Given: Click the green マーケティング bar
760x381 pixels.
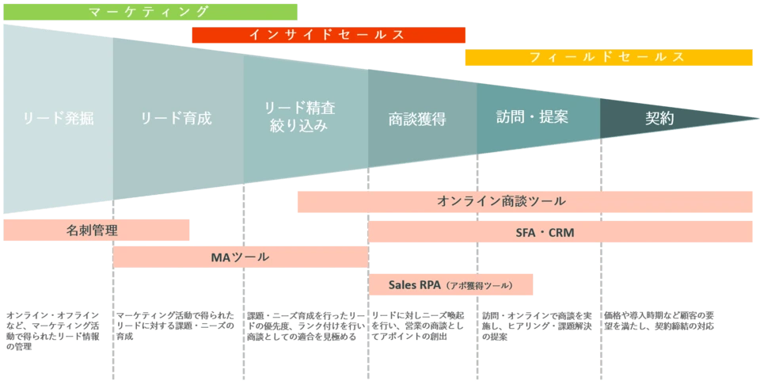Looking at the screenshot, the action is [x=150, y=12].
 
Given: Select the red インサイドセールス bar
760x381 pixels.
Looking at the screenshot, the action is [x=329, y=35].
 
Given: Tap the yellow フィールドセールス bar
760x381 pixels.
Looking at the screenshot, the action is [x=609, y=57].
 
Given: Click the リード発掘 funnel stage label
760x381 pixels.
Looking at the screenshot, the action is [x=58, y=119].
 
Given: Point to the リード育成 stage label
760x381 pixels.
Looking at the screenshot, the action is [x=177, y=118].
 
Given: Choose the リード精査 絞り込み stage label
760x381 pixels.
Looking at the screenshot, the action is [x=299, y=116].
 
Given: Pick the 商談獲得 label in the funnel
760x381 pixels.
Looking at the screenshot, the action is [x=417, y=120].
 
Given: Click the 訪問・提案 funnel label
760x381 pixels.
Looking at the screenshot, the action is [x=532, y=116].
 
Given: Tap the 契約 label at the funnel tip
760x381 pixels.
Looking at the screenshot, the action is [x=659, y=118].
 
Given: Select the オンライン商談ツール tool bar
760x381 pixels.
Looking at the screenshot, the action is [x=525, y=202].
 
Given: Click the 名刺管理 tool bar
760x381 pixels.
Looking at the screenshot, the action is [x=96, y=231].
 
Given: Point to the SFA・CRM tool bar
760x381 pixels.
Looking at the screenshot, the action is [x=560, y=232].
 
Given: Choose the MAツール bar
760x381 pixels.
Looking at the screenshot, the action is [x=241, y=257].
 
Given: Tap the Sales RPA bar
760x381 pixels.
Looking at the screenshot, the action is [x=450, y=284].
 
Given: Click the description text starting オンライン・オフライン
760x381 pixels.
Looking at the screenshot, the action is [x=53, y=331].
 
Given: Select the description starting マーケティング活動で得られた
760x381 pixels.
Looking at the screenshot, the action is [x=176, y=326].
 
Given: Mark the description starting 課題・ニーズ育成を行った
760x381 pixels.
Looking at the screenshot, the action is [x=305, y=326].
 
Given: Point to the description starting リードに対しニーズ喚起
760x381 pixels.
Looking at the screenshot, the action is [x=418, y=326].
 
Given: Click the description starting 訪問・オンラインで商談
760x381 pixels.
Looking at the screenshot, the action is [x=537, y=326].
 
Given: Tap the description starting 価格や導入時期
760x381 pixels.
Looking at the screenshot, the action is [x=659, y=321].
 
